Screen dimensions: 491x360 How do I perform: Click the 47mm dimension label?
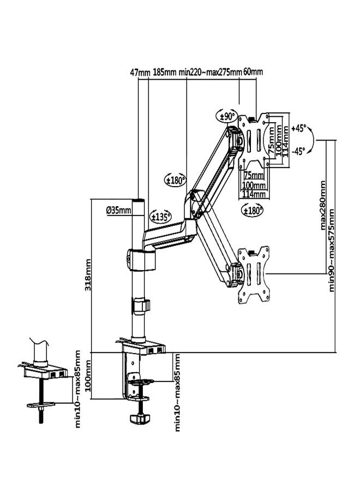[140, 72]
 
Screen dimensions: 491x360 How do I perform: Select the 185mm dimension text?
[164, 72]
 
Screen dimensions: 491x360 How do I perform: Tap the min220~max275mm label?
[210, 72]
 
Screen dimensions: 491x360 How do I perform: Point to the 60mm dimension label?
[253, 72]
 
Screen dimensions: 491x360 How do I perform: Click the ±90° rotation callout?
[227, 116]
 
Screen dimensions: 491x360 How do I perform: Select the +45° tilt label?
[298, 129]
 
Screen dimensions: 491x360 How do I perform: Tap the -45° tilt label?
[298, 152]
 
